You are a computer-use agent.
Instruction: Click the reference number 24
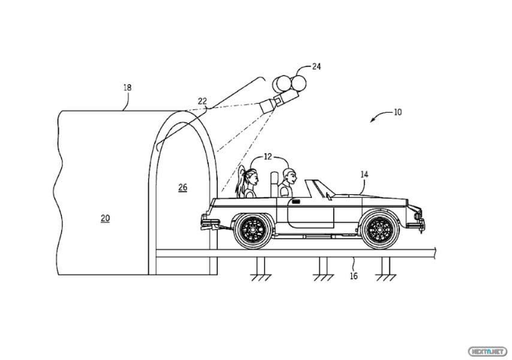317,67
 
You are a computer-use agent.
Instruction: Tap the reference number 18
127,88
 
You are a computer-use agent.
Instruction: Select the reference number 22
203,101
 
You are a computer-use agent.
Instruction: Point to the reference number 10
397,112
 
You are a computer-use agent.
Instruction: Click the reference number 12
268,157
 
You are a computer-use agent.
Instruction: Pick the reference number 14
365,175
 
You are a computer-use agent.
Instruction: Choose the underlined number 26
183,188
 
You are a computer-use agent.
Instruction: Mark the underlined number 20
105,218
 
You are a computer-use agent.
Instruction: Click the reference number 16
354,276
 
